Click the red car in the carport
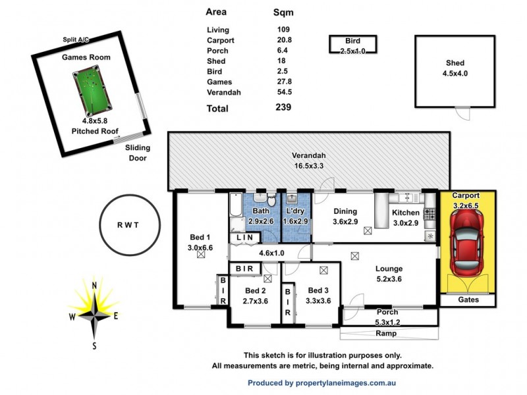pos(468,244)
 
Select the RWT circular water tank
pos(129,224)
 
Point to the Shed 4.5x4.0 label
pos(455,68)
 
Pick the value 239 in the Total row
pos(283,107)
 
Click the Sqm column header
pos(283,12)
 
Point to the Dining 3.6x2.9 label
pos(345,217)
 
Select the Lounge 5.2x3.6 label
pos(389,273)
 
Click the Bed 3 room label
pos(318,295)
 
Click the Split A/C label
pos(76,40)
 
